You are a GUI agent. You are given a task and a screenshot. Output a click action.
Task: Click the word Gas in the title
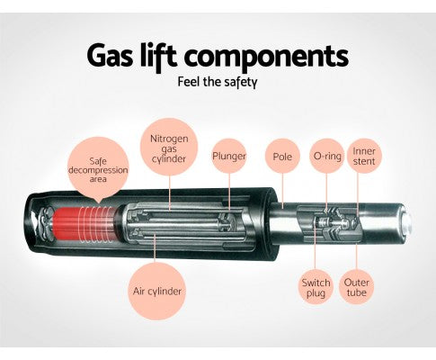[110, 56]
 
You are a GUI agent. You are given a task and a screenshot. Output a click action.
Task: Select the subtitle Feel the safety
[218, 82]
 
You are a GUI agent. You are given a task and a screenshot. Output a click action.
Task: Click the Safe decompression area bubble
[98, 168]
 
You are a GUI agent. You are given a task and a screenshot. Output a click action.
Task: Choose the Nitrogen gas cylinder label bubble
[169, 147]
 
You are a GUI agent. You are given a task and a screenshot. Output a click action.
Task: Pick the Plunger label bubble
[229, 156]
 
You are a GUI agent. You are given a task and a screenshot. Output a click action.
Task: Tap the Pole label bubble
[282, 156]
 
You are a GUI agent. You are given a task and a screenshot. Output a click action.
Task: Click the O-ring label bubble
[327, 156]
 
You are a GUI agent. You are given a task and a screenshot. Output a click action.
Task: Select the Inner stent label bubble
[364, 156]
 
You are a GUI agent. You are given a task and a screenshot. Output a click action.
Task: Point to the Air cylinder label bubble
[157, 291]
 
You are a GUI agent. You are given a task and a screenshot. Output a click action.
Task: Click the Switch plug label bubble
[316, 287]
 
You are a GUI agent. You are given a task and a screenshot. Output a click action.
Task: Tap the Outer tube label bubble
[356, 287]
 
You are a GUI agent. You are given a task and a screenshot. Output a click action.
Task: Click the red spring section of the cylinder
[83, 224]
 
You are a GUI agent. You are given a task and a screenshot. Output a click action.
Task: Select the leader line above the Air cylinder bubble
[156, 247]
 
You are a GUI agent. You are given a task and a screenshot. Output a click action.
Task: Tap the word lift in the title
[158, 56]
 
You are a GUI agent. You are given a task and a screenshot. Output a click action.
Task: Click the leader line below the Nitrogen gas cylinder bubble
[170, 193]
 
